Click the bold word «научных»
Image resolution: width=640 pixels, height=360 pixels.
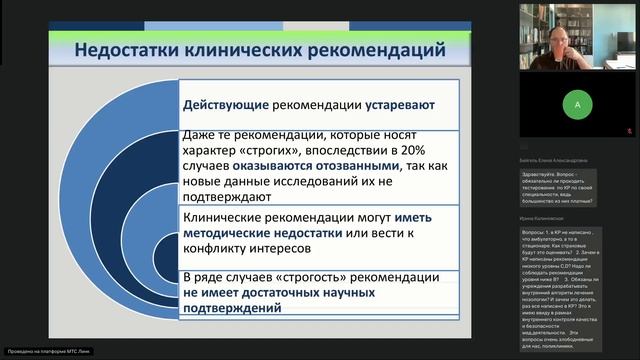(345, 293)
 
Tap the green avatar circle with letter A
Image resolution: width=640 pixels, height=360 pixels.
(576, 104)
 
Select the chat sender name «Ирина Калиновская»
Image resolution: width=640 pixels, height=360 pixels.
(548, 218)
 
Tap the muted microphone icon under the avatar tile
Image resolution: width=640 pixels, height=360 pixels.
(627, 131)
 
